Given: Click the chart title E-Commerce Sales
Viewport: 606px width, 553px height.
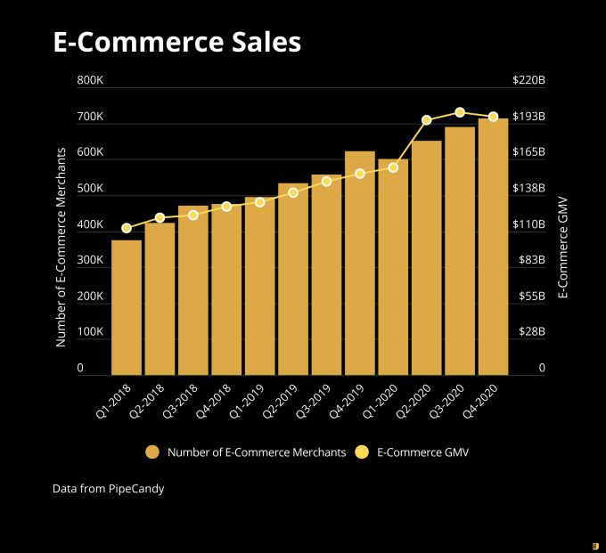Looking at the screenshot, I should point(176,43).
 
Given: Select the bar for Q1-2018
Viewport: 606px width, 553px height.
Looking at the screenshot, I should point(127,307).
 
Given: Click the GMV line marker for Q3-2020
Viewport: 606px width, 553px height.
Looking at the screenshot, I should point(460,112).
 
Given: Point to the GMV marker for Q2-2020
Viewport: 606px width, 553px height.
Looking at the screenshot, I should point(427,120).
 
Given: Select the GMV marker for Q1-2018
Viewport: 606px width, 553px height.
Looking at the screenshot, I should point(127,228).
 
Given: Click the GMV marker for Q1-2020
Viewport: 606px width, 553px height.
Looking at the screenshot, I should point(393,167).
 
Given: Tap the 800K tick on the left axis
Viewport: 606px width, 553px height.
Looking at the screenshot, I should point(90,81).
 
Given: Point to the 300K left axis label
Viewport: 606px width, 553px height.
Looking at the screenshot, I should point(90,260).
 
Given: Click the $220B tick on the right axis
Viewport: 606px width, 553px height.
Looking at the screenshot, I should point(528,81).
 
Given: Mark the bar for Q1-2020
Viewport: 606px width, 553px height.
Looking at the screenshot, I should point(393,267).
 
